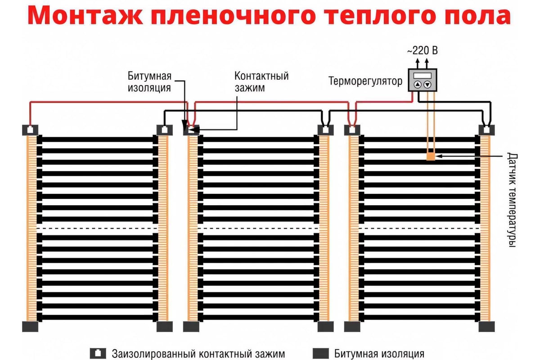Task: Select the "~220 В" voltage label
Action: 422,51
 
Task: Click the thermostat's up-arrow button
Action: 417,85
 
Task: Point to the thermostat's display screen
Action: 422,75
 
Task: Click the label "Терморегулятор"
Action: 365,81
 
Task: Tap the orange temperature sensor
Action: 431,156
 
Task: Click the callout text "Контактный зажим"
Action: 261,81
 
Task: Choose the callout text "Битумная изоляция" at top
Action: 149,81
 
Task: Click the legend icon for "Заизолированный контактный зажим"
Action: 96,353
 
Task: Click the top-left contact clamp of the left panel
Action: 31,130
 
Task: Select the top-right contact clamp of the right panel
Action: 486,130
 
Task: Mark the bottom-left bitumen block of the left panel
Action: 31,326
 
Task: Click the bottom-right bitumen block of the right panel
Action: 486,326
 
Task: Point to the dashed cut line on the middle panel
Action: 258,228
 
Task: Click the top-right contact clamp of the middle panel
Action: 325,130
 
